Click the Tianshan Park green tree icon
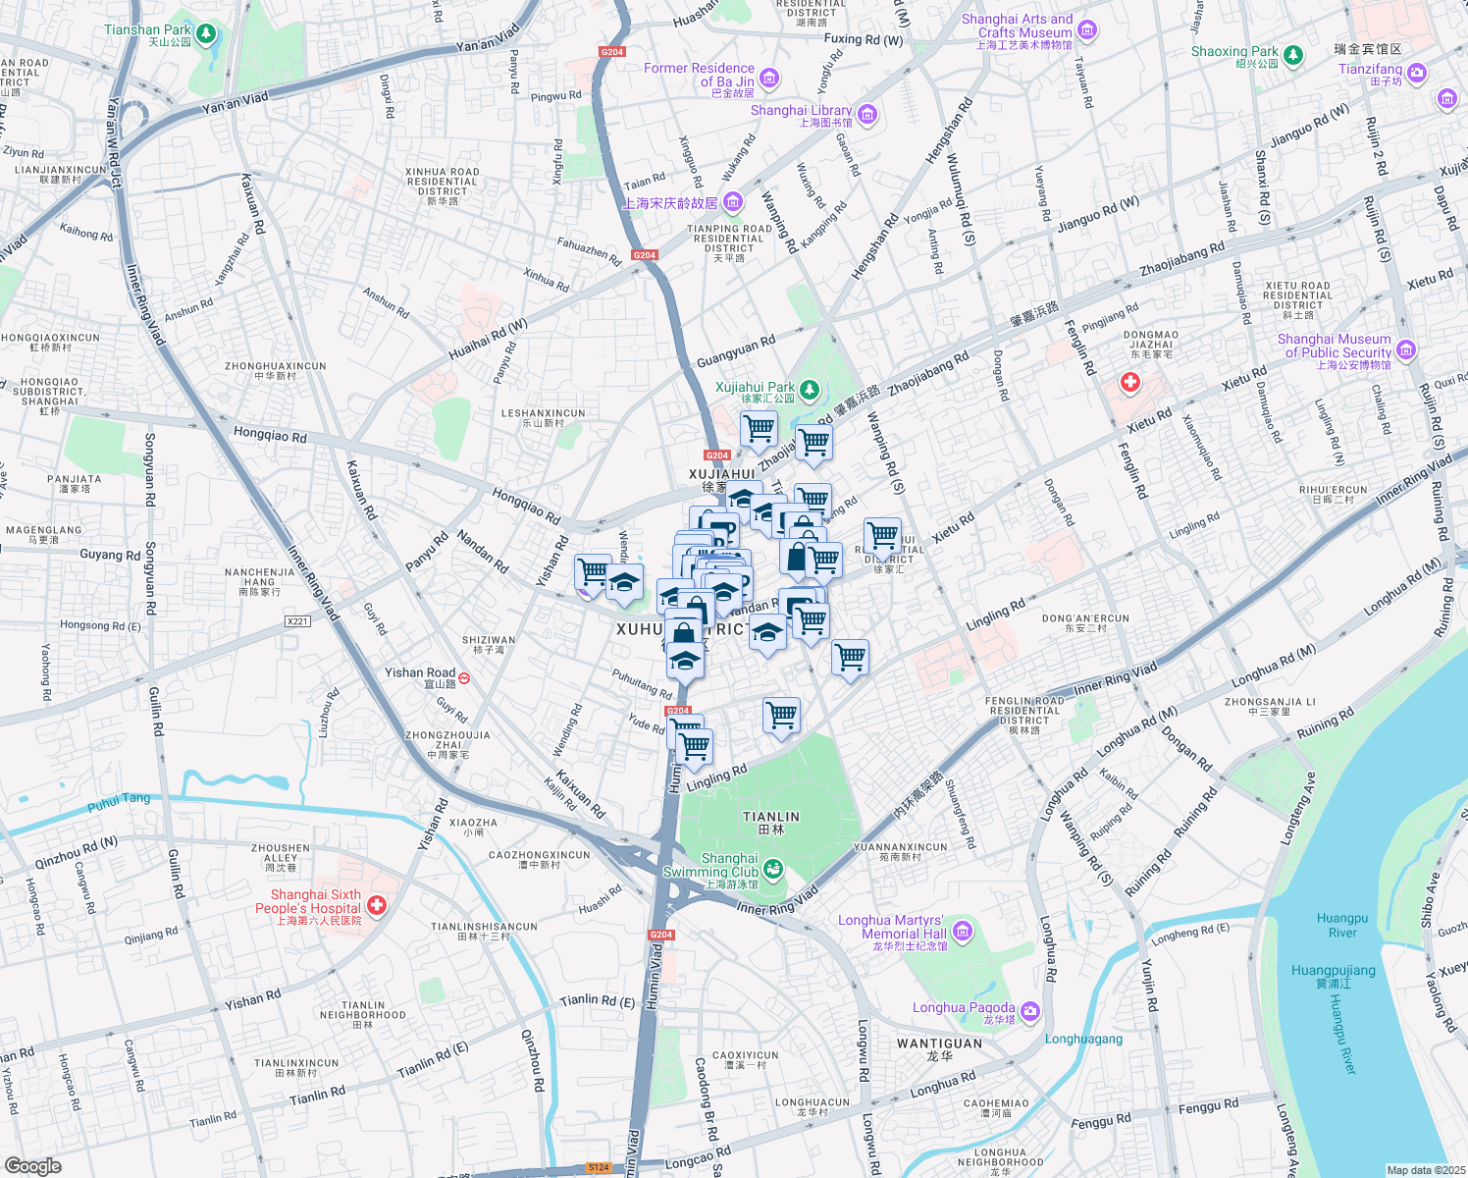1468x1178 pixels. (x=205, y=35)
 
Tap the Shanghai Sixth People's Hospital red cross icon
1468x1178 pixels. (x=377, y=906)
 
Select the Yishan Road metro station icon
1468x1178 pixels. (x=464, y=677)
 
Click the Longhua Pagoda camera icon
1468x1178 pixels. (x=1029, y=1011)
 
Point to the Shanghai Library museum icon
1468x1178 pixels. (x=867, y=115)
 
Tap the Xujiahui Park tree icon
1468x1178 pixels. (x=809, y=392)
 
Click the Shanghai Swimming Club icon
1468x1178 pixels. (x=773, y=869)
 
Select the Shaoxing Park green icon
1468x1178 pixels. (x=1293, y=55)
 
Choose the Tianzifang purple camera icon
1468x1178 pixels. (x=1416, y=73)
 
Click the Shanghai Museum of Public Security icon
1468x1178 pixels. (x=1406, y=349)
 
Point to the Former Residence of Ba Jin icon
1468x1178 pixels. (x=769, y=79)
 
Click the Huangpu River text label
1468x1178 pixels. (x=1341, y=925)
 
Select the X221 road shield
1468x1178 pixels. (x=297, y=621)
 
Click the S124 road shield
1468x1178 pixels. (x=599, y=1167)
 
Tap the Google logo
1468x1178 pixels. (x=33, y=1166)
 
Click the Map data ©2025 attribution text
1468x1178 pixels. (x=1425, y=1170)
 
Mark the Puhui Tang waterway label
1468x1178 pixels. (x=119, y=802)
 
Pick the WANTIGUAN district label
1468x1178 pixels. (x=939, y=1044)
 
